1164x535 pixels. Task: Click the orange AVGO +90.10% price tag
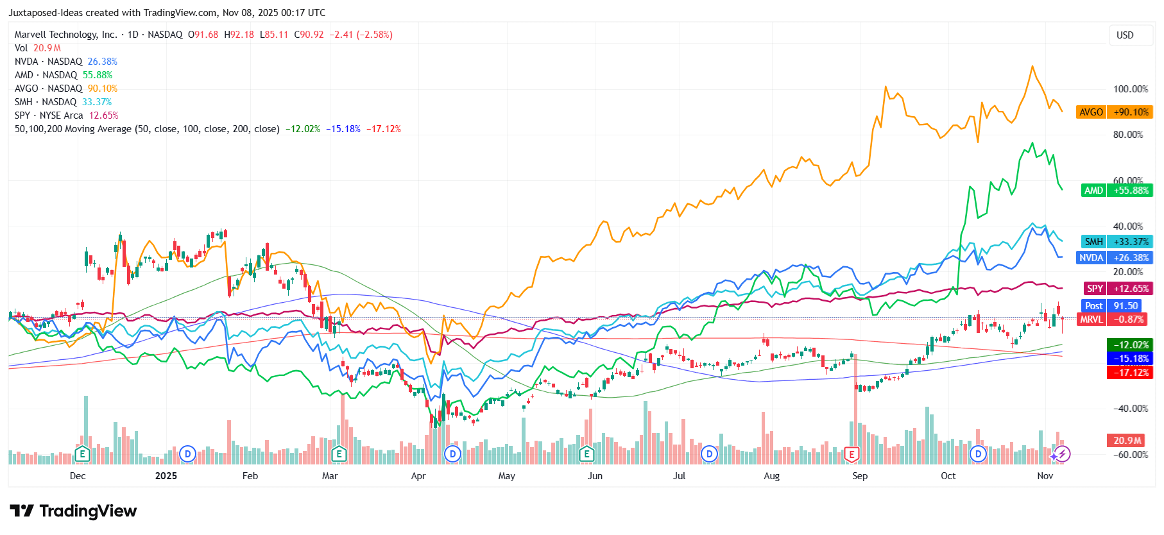[x=1115, y=112]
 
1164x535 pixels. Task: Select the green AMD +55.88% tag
[x=1117, y=191]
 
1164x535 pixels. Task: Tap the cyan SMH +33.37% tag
[x=1117, y=242]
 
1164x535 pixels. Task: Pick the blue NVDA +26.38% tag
[x=1115, y=258]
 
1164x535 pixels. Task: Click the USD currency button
[x=1125, y=35]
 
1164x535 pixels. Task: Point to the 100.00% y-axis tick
[x=1131, y=89]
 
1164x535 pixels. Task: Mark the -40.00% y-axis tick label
[x=1130, y=409]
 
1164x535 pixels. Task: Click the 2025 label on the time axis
[x=166, y=476]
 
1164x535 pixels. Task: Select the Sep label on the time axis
[x=860, y=476]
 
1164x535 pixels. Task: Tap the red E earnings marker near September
[x=852, y=455]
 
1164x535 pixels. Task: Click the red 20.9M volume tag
[x=1127, y=441]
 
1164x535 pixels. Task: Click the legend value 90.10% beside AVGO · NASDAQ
[x=103, y=89]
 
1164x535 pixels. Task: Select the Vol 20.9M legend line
[x=38, y=48]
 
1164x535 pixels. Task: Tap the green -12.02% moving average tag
[x=1130, y=345]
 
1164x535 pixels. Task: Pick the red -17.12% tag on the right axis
[x=1130, y=373]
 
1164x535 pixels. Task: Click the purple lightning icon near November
[x=1063, y=455]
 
